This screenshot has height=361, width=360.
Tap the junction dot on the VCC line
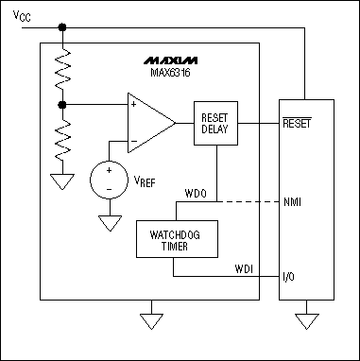pyautogui.click(x=62, y=26)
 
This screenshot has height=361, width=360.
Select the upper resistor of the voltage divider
pyautogui.click(x=62, y=68)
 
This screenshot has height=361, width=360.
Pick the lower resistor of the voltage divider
pyautogui.click(x=62, y=137)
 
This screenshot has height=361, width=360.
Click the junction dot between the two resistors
pyautogui.click(x=62, y=103)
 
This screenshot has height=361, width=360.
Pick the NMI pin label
pyautogui.click(x=294, y=201)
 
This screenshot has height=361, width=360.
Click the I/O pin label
pyautogui.click(x=290, y=278)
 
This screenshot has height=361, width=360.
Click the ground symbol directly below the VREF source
pyautogui.click(x=110, y=224)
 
